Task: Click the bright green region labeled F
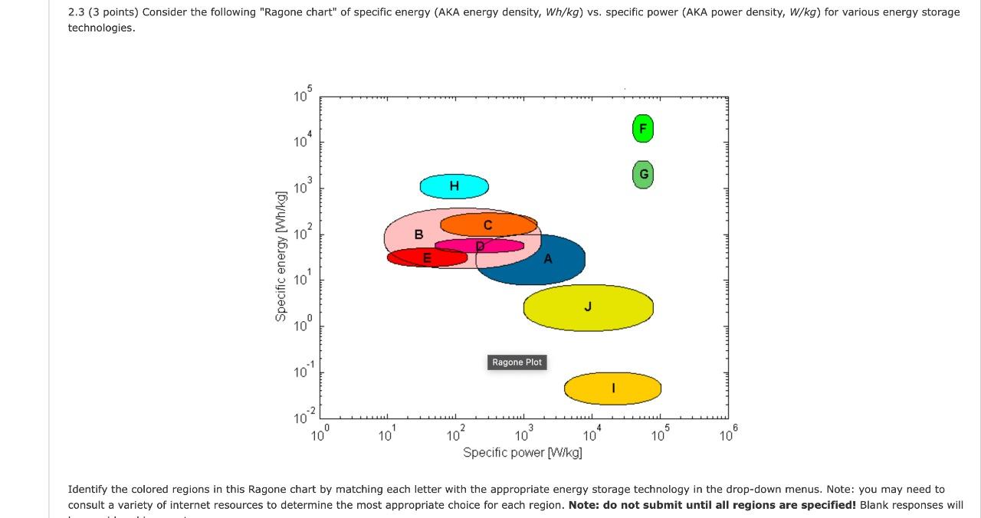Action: [643, 129]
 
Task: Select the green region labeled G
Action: [643, 175]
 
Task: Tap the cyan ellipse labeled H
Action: [454, 186]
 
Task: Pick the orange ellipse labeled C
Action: [488, 225]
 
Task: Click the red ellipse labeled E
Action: [427, 257]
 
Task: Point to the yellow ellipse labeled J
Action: [588, 307]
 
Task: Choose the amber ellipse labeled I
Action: [612, 388]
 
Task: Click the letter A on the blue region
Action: [548, 259]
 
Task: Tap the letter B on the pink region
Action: [418, 234]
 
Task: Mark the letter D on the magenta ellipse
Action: [481, 246]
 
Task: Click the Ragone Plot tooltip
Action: [517, 362]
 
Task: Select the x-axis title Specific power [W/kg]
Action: [522, 453]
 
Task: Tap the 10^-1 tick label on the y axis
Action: [302, 372]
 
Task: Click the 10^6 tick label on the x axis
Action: [727, 436]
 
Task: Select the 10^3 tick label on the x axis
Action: [523, 436]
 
